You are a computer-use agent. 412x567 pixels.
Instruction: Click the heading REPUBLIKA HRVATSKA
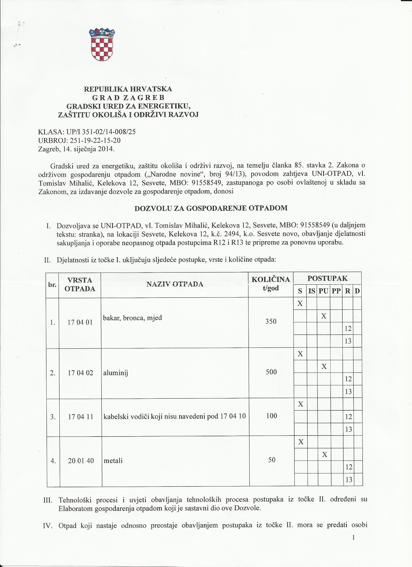click(x=128, y=89)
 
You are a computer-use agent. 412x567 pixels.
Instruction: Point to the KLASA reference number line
click(x=87, y=132)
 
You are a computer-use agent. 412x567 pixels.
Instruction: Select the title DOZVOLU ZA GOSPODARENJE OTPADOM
click(x=211, y=208)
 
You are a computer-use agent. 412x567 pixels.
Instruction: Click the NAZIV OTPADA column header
click(x=175, y=284)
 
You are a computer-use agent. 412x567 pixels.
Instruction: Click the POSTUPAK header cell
click(x=327, y=278)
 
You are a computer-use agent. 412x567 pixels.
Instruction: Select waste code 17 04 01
click(x=80, y=323)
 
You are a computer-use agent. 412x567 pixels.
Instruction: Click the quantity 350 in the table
click(x=271, y=322)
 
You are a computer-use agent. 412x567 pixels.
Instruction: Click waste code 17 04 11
click(x=80, y=417)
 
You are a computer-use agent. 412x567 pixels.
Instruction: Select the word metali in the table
click(x=113, y=461)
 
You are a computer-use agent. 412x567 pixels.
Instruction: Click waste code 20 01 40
click(x=80, y=461)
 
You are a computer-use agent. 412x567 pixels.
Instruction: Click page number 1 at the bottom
click(x=354, y=550)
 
